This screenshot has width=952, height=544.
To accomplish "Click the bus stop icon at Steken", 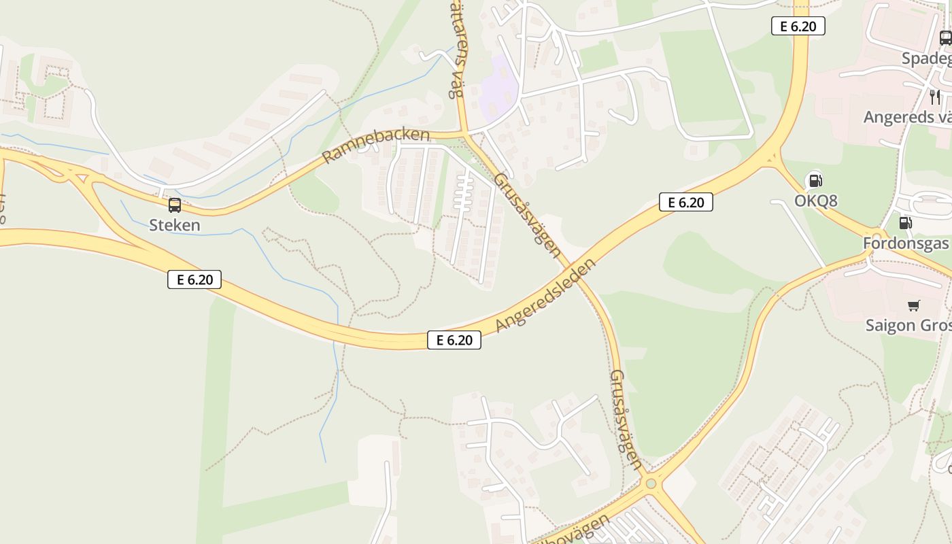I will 175,205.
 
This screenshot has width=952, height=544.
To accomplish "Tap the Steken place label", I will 175,225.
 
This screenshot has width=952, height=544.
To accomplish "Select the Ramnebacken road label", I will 375,146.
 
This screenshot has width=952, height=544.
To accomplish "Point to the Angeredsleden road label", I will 545,295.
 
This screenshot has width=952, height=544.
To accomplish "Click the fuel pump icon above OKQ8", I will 815,180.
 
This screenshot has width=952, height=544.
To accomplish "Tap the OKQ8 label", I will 815,201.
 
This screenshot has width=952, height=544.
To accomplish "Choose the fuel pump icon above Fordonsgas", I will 905,222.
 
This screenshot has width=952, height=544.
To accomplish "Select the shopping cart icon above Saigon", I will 913,305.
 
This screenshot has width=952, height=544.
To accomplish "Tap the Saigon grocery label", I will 908,325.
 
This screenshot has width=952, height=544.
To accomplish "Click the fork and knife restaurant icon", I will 935,97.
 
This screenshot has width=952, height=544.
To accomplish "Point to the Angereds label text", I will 907,117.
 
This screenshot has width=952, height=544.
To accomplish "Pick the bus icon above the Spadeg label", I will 945,38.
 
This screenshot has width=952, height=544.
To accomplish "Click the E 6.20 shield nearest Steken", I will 194,279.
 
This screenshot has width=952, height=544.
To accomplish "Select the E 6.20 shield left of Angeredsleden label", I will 454,340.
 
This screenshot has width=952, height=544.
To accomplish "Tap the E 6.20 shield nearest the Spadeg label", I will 798,27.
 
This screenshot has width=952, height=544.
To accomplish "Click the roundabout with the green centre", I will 651,483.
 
